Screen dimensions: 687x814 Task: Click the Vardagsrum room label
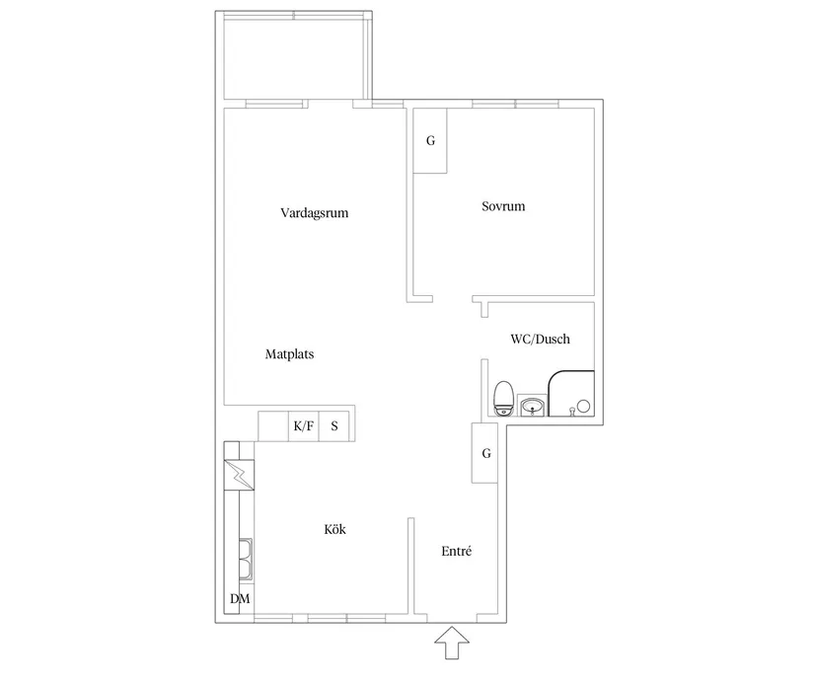(315, 212)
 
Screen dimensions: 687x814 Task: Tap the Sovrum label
(503, 207)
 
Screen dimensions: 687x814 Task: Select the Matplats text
(290, 353)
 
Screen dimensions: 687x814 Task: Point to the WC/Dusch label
(540, 339)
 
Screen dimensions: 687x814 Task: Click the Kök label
(335, 530)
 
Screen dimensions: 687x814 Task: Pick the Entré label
(456, 551)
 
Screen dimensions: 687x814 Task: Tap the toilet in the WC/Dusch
(503, 397)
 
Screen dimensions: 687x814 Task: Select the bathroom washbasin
(532, 405)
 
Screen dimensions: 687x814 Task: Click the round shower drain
(583, 405)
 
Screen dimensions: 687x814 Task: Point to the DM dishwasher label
(239, 599)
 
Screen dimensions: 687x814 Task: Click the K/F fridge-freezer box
(303, 426)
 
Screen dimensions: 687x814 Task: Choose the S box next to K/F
(334, 426)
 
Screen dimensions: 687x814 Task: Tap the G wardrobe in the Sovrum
(430, 140)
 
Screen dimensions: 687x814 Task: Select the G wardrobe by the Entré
(486, 453)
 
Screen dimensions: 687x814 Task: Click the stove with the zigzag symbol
(239, 476)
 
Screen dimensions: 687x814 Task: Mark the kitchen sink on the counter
(244, 560)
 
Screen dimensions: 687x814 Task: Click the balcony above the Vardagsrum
(294, 57)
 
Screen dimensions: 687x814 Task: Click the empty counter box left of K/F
(272, 426)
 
